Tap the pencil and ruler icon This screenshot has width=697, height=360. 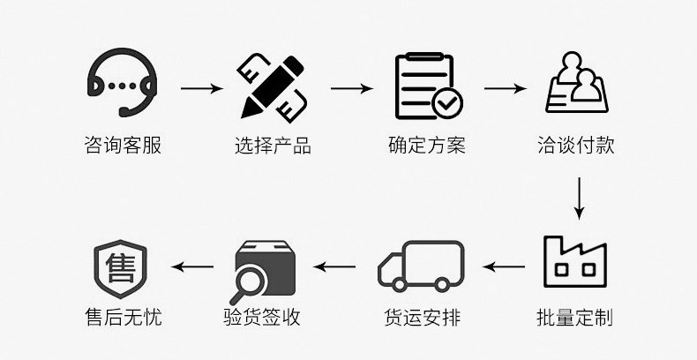pyautogui.click(x=273, y=86)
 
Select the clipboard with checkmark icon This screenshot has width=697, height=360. pyautogui.click(x=426, y=86)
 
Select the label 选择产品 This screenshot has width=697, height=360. pyautogui.click(x=273, y=143)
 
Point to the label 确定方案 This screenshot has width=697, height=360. pyautogui.click(x=426, y=143)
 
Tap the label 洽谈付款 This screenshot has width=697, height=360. pyautogui.click(x=575, y=143)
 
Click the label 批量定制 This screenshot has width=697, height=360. pyautogui.click(x=574, y=317)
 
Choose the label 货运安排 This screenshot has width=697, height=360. pyautogui.click(x=422, y=317)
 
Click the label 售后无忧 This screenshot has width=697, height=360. pyautogui.click(x=121, y=317)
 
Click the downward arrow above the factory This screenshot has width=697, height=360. pyautogui.click(x=579, y=199)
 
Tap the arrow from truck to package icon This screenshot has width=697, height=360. pyautogui.click(x=335, y=265)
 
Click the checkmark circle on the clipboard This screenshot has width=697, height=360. pyautogui.click(x=446, y=103)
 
